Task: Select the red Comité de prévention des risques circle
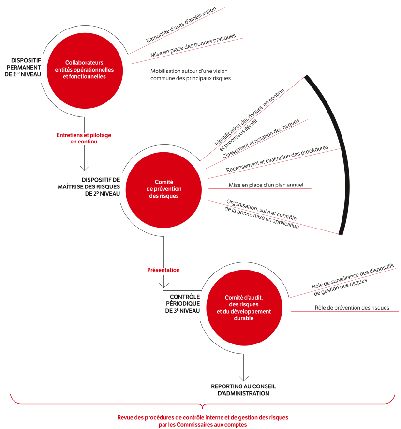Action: pyautogui.click(x=163, y=188)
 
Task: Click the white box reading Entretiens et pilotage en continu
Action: pyautogui.click(x=84, y=139)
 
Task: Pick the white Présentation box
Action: pyautogui.click(x=163, y=271)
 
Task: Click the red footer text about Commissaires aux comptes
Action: pyautogui.click(x=203, y=421)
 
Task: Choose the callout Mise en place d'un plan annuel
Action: pyautogui.click(x=266, y=185)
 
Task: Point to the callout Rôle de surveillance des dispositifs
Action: pyautogui.click(x=353, y=280)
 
